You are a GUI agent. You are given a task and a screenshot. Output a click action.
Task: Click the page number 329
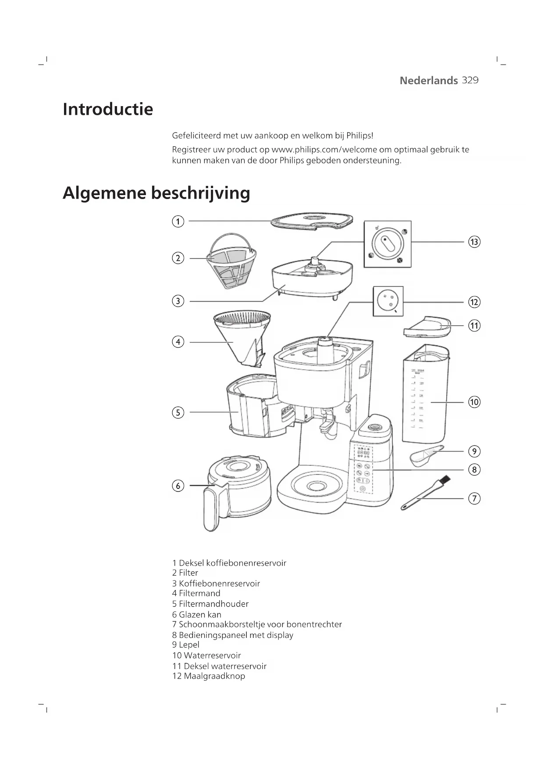(x=470, y=80)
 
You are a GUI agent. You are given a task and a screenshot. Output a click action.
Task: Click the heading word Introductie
(x=108, y=109)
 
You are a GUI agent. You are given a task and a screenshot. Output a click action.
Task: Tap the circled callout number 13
(x=474, y=242)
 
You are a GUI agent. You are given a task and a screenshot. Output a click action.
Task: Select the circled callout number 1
(x=178, y=221)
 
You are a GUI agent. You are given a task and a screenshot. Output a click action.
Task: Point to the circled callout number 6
(x=178, y=486)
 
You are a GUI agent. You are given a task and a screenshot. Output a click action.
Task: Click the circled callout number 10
(x=474, y=402)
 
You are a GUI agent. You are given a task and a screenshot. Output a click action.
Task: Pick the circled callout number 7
(x=474, y=498)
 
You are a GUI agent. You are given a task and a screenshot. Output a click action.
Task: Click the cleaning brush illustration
(x=425, y=494)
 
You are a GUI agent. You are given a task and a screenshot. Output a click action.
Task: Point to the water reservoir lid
(x=427, y=326)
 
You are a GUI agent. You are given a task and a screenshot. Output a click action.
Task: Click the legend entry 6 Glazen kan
(x=196, y=614)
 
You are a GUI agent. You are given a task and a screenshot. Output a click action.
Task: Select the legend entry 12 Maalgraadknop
(x=209, y=676)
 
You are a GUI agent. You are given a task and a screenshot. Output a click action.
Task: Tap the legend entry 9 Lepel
(x=186, y=644)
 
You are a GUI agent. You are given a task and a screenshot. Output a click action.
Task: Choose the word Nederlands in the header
(x=428, y=81)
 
